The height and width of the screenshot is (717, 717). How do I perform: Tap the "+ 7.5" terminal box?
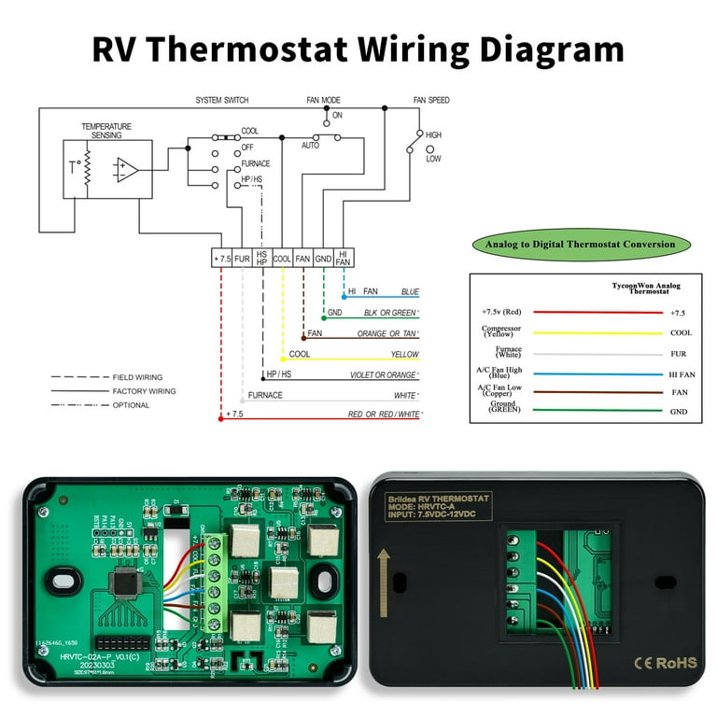221,258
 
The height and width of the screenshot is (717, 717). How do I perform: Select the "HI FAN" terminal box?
344,258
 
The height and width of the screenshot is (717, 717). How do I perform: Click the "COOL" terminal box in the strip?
282,258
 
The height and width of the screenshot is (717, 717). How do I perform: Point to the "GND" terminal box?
323,258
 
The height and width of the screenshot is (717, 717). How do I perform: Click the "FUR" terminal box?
242,258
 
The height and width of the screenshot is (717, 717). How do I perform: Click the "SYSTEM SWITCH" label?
222,99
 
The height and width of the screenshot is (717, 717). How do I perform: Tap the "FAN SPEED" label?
431,99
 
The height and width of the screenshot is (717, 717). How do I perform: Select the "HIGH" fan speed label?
433,135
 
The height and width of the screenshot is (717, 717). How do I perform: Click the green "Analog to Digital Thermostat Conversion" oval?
581,246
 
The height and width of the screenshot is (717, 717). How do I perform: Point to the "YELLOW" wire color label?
404,355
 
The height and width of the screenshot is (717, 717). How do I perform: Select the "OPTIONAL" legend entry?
134,405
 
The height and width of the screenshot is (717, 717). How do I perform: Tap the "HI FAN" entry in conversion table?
682,373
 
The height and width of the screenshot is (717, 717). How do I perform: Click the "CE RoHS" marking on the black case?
666,662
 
